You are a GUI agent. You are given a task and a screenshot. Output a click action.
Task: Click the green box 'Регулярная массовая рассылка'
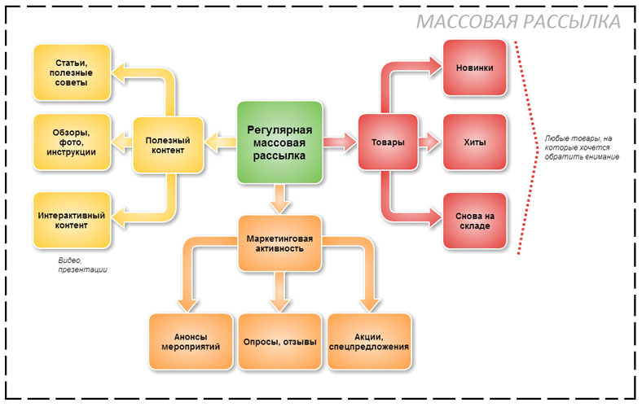pos(279,142)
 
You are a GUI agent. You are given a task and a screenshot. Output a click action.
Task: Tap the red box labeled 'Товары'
pos(388,143)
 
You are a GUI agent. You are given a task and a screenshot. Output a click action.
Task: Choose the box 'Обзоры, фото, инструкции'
pos(72,142)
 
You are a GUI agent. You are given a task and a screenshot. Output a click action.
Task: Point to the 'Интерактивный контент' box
pos(72,220)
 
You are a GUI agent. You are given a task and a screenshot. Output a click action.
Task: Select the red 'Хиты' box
pos(475,142)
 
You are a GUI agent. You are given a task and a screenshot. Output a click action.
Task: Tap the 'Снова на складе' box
pos(475,221)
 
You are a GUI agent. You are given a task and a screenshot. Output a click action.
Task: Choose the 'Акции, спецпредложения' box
pos(369,341)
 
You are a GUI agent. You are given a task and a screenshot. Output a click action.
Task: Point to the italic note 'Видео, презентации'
pos(82,265)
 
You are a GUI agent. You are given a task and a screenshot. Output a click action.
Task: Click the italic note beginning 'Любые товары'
pos(582,147)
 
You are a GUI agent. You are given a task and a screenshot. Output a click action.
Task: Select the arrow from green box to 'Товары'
pos(340,143)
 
